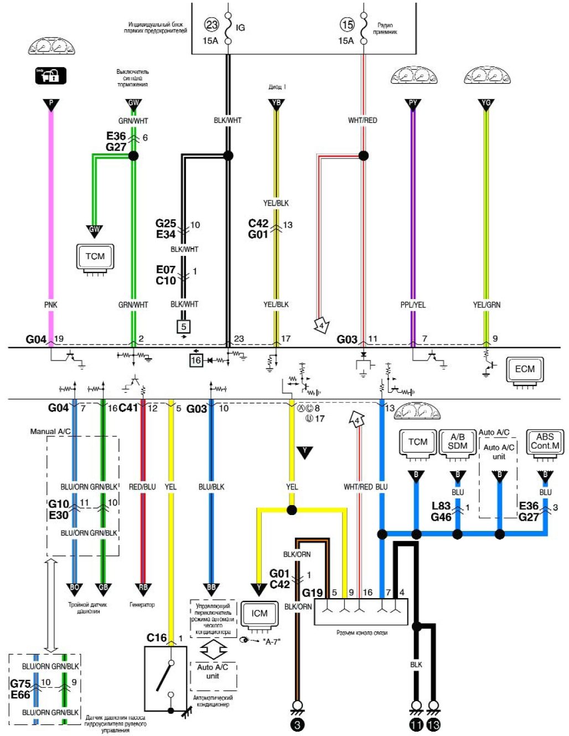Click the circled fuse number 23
coord(212,24)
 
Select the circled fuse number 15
coord(347,24)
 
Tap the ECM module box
coord(525,370)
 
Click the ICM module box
coord(259,614)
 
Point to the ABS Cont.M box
coord(545,441)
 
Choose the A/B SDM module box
coord(457,442)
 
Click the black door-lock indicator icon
coord(50,75)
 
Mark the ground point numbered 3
coord(297,724)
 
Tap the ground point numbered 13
coord(434,724)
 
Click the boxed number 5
coord(184,327)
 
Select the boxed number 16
coord(196,361)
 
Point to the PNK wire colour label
coord(51,305)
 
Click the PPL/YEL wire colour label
coord(413,305)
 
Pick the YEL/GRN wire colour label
coord(487,305)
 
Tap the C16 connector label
coord(157,638)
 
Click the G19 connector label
coord(312,593)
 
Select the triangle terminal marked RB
coord(143,588)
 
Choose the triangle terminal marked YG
coord(486,104)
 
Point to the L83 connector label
coord(441,506)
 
